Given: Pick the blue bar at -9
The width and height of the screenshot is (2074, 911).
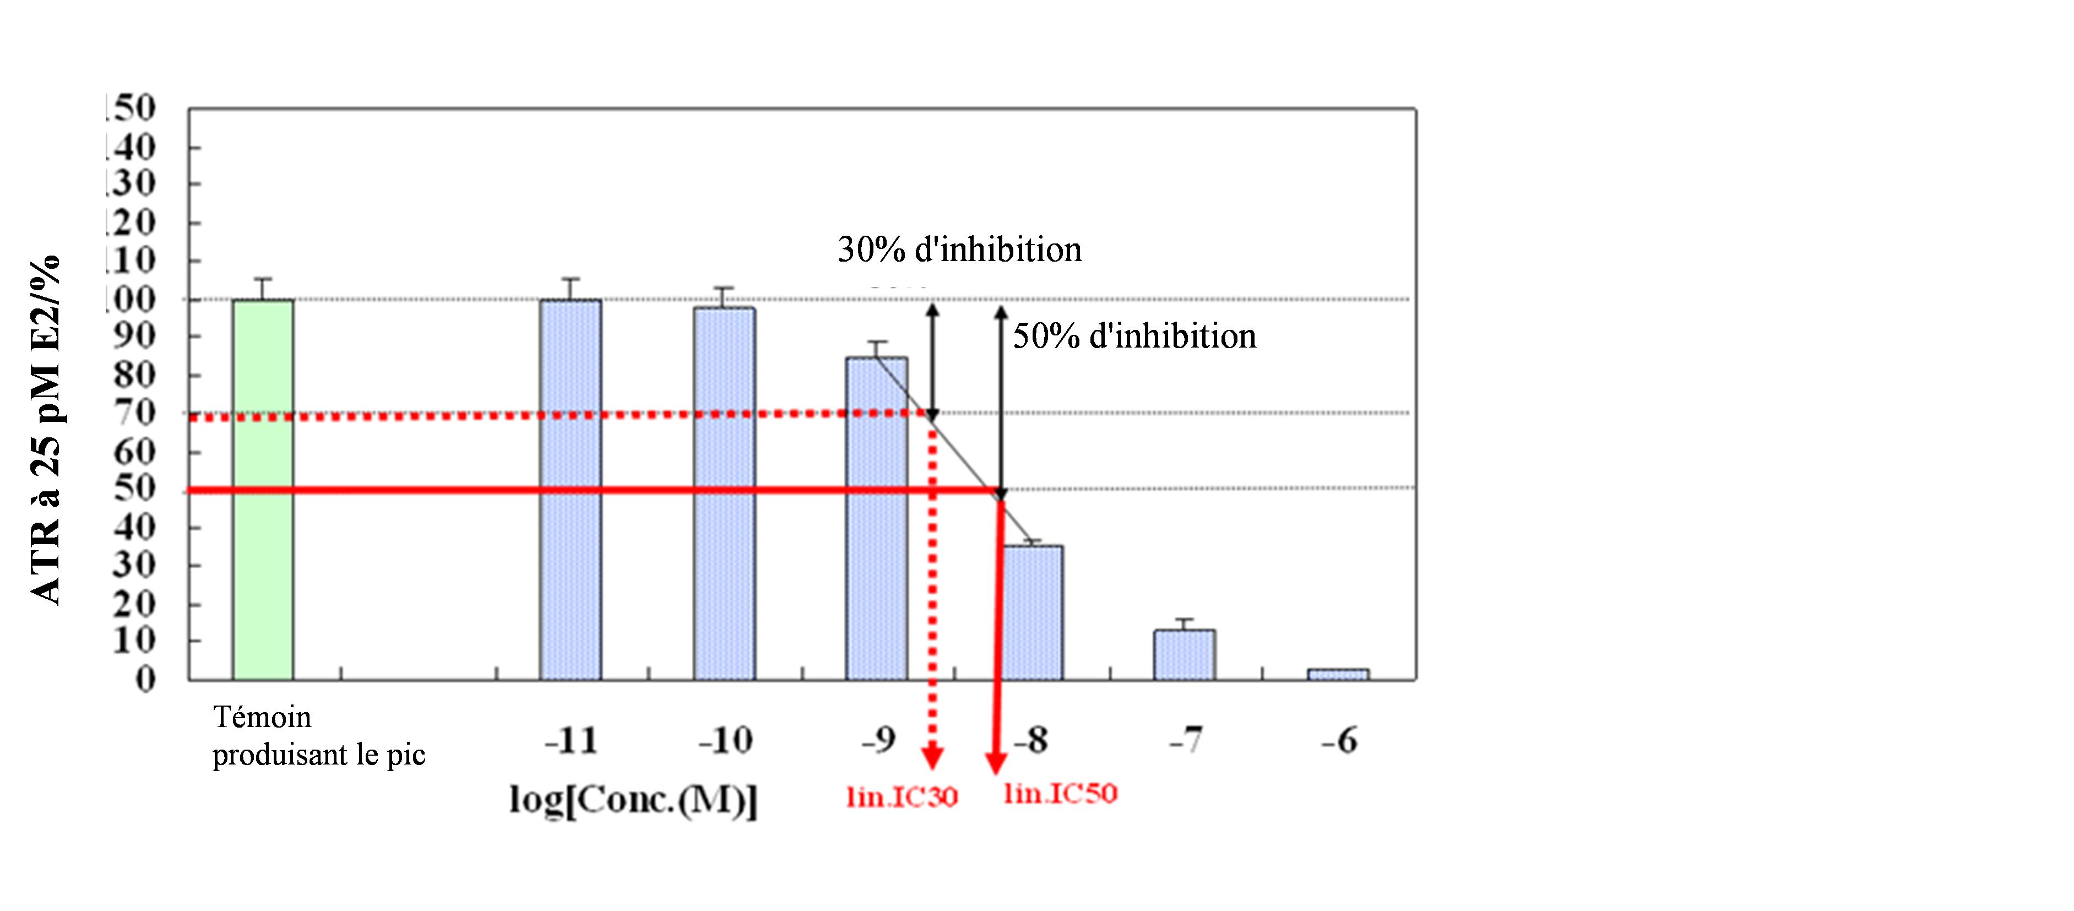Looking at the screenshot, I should point(876,519).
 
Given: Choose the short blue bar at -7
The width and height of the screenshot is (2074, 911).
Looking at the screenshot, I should point(1183,655).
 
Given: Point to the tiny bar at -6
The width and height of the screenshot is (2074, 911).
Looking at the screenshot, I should point(1337,674).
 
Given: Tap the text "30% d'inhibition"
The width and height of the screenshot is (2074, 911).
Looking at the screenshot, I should point(959,250).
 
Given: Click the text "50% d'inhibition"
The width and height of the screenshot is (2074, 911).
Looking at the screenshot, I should point(1133,337).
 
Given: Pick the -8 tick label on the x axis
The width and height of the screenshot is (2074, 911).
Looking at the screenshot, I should point(1031,740).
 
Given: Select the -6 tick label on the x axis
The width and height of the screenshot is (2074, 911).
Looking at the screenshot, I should point(1339,740).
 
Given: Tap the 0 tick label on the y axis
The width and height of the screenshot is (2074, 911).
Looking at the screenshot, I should point(145,679).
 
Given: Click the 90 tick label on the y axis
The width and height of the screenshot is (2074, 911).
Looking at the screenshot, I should point(134,337).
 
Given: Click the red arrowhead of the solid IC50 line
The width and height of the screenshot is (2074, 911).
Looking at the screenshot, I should point(997,761).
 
